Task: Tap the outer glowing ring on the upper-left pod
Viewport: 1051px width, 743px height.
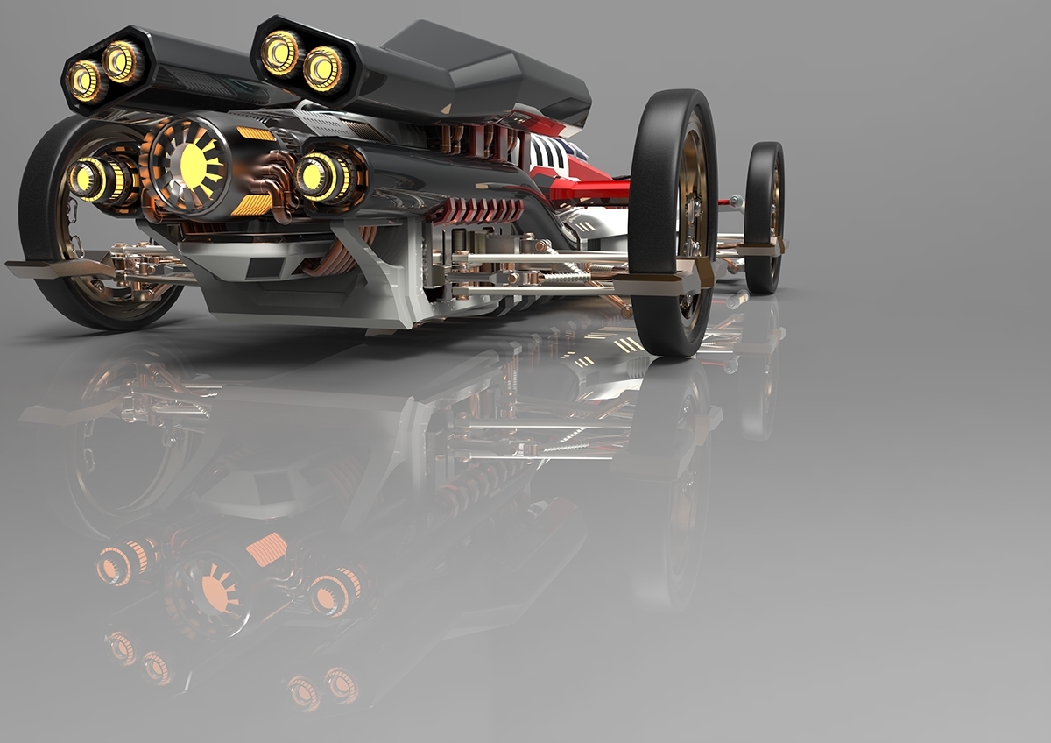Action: [x=86, y=80]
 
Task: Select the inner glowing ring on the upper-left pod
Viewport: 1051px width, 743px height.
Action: [x=122, y=61]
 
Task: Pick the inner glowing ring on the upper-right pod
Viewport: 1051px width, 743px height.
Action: [x=323, y=67]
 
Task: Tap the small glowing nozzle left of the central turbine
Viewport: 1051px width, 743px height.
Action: [x=91, y=179]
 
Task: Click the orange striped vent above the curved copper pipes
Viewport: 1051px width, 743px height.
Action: [x=255, y=133]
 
